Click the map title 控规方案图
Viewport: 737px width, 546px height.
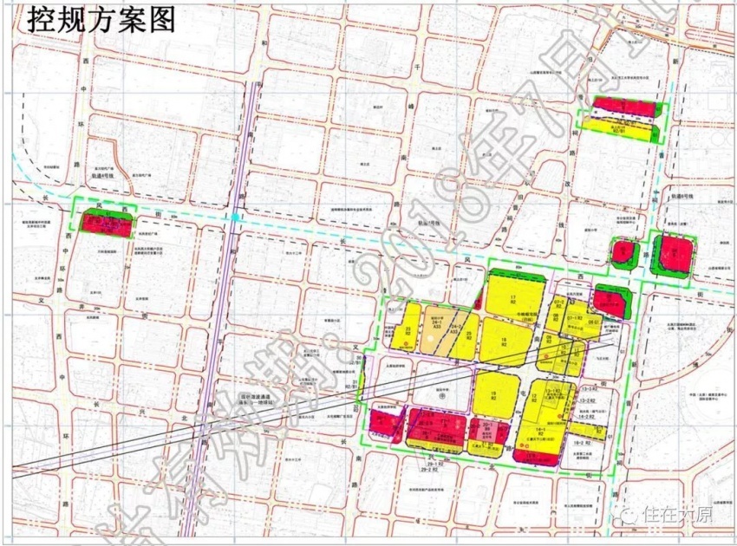click(x=101, y=19)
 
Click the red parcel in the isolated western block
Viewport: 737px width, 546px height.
click(x=108, y=223)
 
